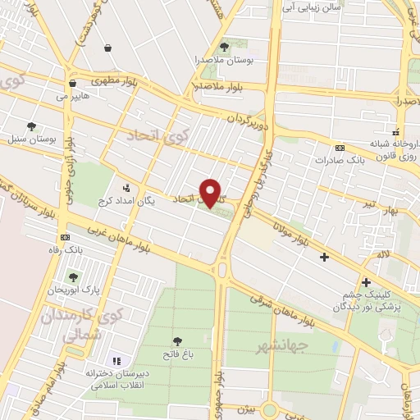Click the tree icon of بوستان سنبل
31,126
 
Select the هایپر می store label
72,97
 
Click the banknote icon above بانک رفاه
53,237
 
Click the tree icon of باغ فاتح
177,341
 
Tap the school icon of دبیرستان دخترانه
116,361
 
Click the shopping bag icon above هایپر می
73,83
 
